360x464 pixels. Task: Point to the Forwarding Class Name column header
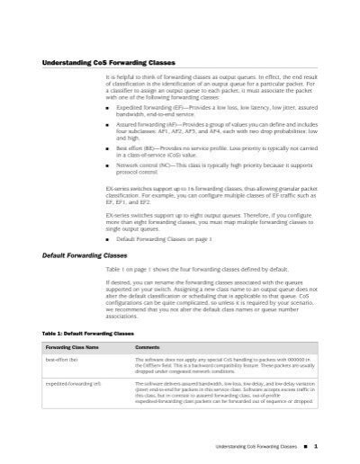click(x=70, y=346)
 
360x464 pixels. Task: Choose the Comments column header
click(x=148, y=346)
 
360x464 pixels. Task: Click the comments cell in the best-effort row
click(x=229, y=365)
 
